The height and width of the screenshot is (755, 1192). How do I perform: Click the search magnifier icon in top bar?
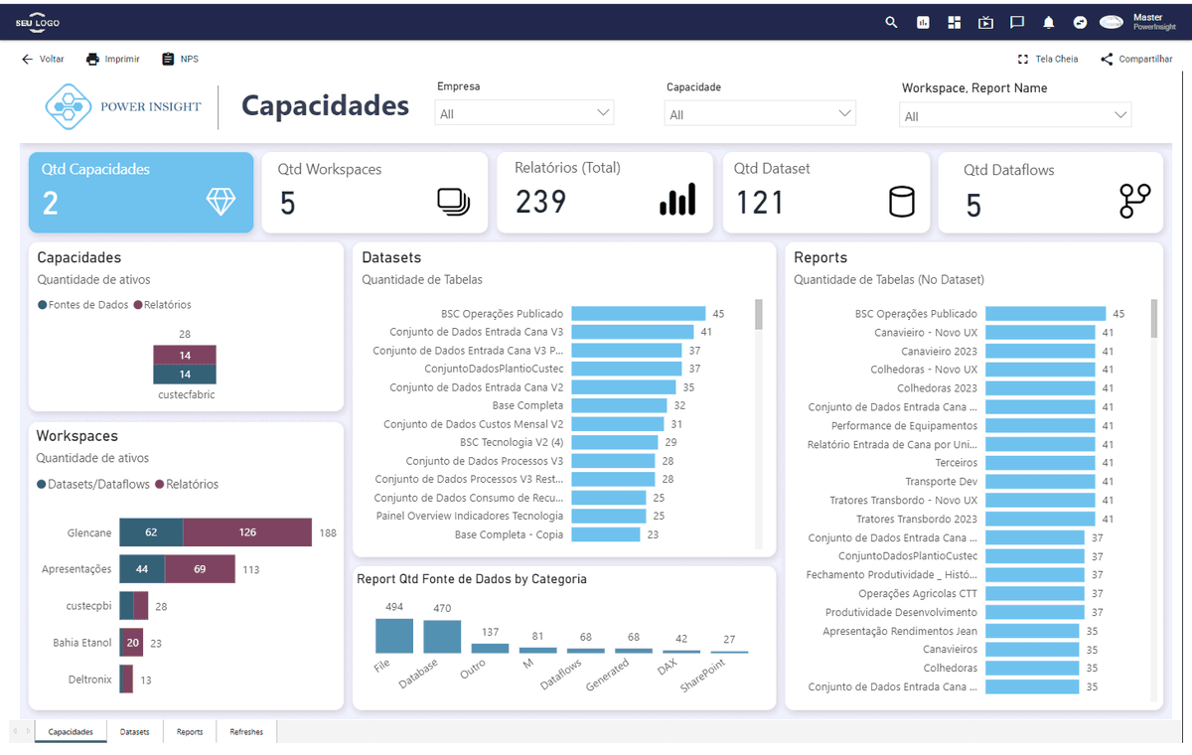pos(891,22)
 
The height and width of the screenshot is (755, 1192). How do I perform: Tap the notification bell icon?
pos(1048,22)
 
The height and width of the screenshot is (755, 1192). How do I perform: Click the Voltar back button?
pos(43,59)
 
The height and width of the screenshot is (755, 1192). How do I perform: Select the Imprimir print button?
pos(113,59)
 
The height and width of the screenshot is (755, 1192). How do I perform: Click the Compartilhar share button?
pos(1136,59)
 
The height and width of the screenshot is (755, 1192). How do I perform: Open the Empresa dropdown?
pos(524,113)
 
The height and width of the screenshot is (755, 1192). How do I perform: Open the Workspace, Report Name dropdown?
pos(1015,115)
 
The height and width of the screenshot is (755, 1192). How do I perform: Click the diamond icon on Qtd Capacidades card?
pos(221,202)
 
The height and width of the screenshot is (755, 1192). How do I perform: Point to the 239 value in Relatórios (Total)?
pos(540,203)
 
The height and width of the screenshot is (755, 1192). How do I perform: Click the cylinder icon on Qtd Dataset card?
pos(902,202)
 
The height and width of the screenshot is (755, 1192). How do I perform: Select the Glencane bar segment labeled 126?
pos(247,532)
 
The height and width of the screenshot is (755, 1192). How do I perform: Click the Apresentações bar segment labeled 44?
pos(142,569)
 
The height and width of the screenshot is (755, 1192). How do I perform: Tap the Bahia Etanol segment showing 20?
pos(133,643)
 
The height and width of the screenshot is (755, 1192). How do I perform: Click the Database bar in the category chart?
pos(442,637)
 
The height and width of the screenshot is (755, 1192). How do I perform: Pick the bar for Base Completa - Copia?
pos(606,534)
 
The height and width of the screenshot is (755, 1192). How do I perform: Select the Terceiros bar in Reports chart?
pos(1040,463)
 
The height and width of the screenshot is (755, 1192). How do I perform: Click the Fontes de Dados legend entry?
pos(83,305)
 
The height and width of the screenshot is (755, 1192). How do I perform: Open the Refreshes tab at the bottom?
pos(246,731)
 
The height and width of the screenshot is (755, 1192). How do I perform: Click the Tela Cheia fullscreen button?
pos(1048,59)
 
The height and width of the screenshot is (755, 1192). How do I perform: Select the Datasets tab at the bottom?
pos(135,731)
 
